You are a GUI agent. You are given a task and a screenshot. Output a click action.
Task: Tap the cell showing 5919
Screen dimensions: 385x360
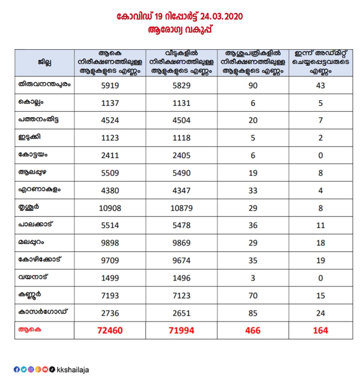tap(110, 85)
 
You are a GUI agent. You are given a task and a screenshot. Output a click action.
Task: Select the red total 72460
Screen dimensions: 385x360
tap(110, 331)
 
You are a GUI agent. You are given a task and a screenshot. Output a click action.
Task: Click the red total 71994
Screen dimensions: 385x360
tap(182, 331)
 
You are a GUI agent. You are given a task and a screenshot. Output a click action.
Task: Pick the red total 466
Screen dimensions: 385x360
tap(253, 331)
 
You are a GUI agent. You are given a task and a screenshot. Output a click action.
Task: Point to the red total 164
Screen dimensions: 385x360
tap(320, 331)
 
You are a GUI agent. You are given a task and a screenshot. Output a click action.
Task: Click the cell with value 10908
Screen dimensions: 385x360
tap(110, 208)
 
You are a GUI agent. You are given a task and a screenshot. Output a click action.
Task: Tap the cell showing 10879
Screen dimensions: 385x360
tap(182, 208)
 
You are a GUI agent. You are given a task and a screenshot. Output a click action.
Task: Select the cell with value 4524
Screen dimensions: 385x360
tap(110, 120)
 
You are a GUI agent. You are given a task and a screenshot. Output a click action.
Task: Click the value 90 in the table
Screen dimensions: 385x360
tap(253, 85)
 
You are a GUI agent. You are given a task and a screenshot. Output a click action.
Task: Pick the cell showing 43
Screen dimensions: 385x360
tap(320, 85)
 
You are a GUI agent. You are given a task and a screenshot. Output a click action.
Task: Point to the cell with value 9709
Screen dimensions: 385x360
tap(110, 260)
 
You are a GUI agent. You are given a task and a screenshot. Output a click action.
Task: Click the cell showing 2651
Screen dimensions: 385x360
tap(182, 313)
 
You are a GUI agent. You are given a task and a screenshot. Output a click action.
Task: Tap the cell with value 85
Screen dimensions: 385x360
tap(253, 313)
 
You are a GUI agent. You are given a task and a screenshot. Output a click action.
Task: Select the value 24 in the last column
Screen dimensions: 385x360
tap(320, 313)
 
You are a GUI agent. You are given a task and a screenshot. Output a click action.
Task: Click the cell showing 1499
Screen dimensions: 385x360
tap(110, 278)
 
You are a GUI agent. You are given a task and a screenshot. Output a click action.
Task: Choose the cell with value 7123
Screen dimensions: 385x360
tap(182, 295)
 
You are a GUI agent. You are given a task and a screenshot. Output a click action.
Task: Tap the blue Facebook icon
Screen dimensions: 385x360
tap(17, 369)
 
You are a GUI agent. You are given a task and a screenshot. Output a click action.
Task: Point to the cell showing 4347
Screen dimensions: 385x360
tap(182, 190)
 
